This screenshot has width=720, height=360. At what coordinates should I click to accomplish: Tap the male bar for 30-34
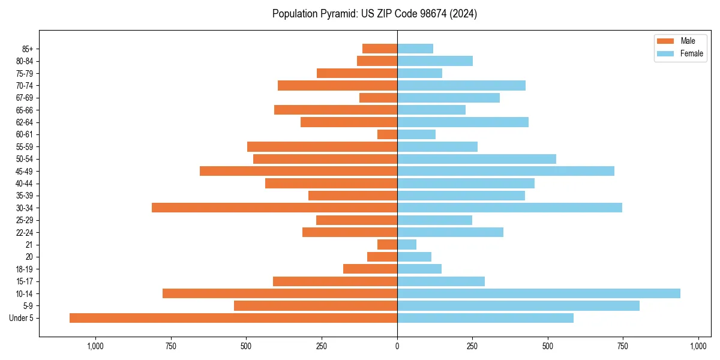tap(274, 208)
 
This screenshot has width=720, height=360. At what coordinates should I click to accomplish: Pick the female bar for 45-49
tap(505, 171)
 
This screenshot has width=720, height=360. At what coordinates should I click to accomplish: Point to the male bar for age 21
tap(387, 245)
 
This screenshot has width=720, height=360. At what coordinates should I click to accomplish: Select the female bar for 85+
tap(415, 49)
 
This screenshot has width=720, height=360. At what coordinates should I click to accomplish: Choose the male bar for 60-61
tap(387, 134)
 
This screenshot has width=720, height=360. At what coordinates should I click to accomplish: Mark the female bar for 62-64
tap(463, 122)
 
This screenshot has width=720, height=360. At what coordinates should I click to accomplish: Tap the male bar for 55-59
tap(322, 147)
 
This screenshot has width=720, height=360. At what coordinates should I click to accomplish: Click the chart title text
tap(374, 14)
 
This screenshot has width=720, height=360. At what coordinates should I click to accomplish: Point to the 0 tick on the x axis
tap(397, 346)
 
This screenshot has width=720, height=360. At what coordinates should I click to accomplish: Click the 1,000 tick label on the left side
tap(96, 346)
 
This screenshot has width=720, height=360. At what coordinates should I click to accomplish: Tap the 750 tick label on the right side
tap(623, 346)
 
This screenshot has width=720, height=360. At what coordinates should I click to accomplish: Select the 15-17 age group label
tap(24, 281)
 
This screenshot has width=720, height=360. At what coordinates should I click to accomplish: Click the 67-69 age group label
tap(24, 98)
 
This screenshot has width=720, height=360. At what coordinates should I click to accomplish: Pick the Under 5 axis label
tap(21, 318)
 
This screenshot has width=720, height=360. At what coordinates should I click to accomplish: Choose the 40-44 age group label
tap(24, 184)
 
